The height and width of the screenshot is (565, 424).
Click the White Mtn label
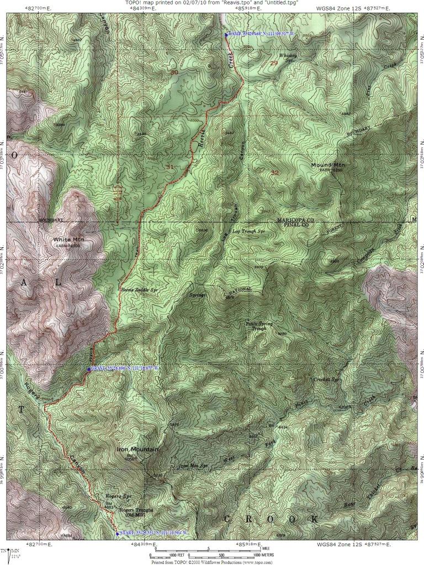(x=68, y=239)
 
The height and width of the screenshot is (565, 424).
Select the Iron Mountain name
(x=134, y=450)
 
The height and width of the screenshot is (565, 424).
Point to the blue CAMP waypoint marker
(x=226, y=35)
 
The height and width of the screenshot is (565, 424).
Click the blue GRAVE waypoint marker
(x=89, y=369)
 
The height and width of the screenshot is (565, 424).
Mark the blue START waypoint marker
(x=117, y=533)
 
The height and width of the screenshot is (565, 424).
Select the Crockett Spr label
(x=325, y=380)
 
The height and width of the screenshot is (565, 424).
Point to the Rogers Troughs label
(x=130, y=510)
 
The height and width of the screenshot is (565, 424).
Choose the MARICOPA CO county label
(x=295, y=220)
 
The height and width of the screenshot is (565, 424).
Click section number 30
(x=174, y=72)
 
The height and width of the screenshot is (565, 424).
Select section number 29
(x=274, y=62)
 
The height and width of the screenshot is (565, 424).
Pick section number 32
(x=274, y=173)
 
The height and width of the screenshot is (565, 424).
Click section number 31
(x=169, y=166)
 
